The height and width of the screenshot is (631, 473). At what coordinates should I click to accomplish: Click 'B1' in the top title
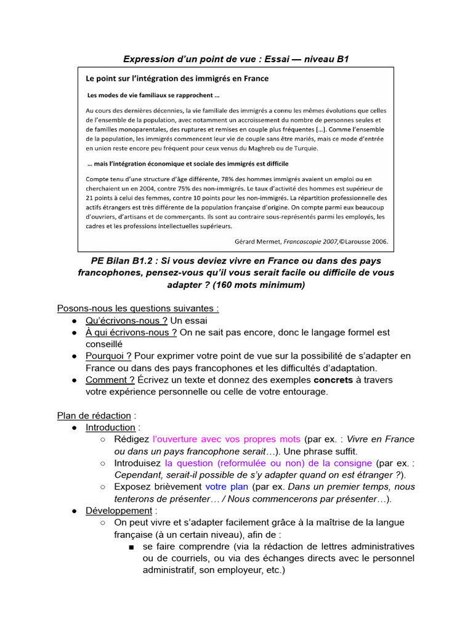340,59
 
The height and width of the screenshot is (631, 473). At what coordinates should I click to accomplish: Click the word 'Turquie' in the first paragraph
302,149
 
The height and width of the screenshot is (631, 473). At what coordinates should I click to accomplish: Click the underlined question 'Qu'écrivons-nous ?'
126,320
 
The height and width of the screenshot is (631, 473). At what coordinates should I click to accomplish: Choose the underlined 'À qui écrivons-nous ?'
131,332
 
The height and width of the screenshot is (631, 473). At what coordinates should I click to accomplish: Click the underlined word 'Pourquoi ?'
108,356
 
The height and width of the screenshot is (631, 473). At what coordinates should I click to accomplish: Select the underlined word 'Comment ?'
110,380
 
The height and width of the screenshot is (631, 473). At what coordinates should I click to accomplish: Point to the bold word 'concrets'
333,380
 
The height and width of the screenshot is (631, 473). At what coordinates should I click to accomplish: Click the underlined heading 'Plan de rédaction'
94,415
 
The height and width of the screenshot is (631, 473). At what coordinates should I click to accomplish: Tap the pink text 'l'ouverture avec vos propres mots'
227,439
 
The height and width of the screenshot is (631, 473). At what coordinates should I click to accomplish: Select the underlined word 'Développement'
119,511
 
